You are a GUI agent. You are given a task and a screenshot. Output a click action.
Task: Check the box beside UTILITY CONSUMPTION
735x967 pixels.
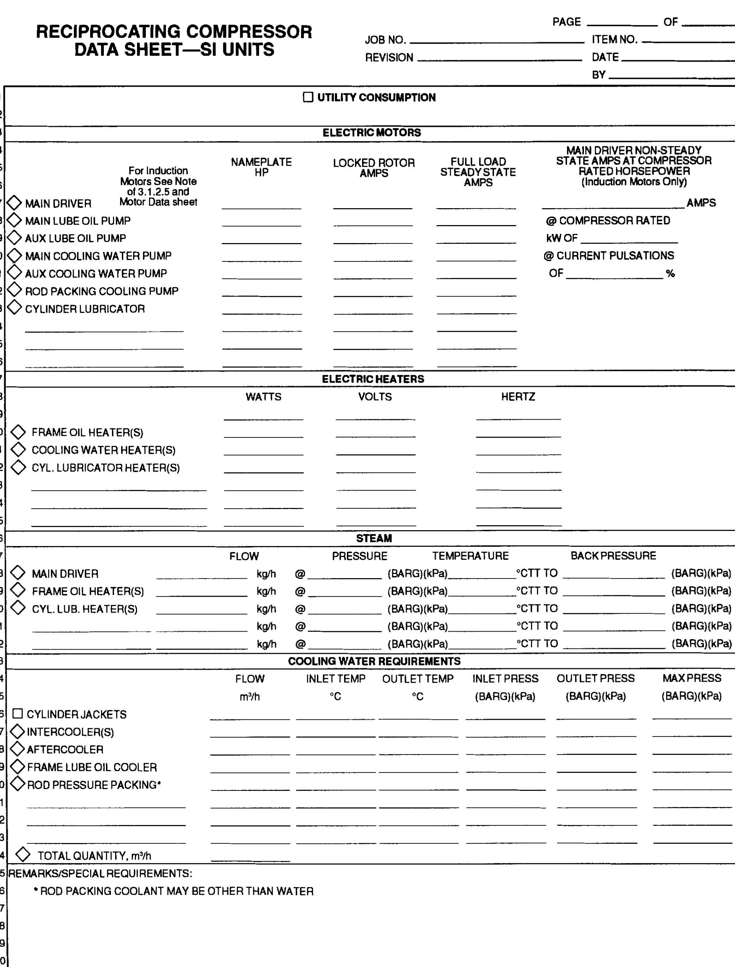point(308,97)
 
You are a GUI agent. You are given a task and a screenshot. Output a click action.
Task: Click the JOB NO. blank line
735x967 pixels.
point(497,40)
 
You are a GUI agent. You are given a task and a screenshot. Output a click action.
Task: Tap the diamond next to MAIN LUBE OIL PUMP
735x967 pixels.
point(14,220)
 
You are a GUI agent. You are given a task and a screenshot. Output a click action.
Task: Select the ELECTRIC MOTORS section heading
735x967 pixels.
point(372,132)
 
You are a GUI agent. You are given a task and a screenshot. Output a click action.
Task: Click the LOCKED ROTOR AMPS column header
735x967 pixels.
point(374,168)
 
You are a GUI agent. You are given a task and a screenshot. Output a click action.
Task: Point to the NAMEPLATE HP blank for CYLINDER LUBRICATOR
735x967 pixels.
point(262,311)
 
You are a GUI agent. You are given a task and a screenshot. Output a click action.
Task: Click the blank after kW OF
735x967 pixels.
point(629,239)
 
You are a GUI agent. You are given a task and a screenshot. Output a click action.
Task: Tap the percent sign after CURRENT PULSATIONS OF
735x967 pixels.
point(670,274)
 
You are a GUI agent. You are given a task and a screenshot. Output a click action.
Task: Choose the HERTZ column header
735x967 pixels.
point(518,397)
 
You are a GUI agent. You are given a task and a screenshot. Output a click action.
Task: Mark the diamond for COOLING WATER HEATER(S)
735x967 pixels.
point(18,450)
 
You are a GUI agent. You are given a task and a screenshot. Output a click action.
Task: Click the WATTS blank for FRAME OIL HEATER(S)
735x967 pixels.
point(263,434)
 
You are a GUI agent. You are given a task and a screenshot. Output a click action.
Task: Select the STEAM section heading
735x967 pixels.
point(374,538)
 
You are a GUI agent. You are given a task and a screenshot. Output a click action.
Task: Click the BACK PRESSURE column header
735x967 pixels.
point(613,556)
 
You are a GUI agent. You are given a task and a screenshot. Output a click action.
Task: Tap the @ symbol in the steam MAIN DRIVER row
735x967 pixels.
point(300,574)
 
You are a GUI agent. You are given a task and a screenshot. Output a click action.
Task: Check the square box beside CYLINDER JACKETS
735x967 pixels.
point(18,714)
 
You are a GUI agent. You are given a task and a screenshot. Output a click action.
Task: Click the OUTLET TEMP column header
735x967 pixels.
point(417,678)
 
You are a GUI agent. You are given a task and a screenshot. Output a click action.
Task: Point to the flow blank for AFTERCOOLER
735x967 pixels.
point(250,751)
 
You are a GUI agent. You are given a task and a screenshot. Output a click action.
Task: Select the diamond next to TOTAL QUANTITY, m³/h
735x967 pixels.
point(23,855)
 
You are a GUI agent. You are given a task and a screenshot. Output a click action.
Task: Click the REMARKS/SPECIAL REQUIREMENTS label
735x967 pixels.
point(100,873)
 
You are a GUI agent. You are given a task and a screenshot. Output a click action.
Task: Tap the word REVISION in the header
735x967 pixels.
point(389,58)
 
